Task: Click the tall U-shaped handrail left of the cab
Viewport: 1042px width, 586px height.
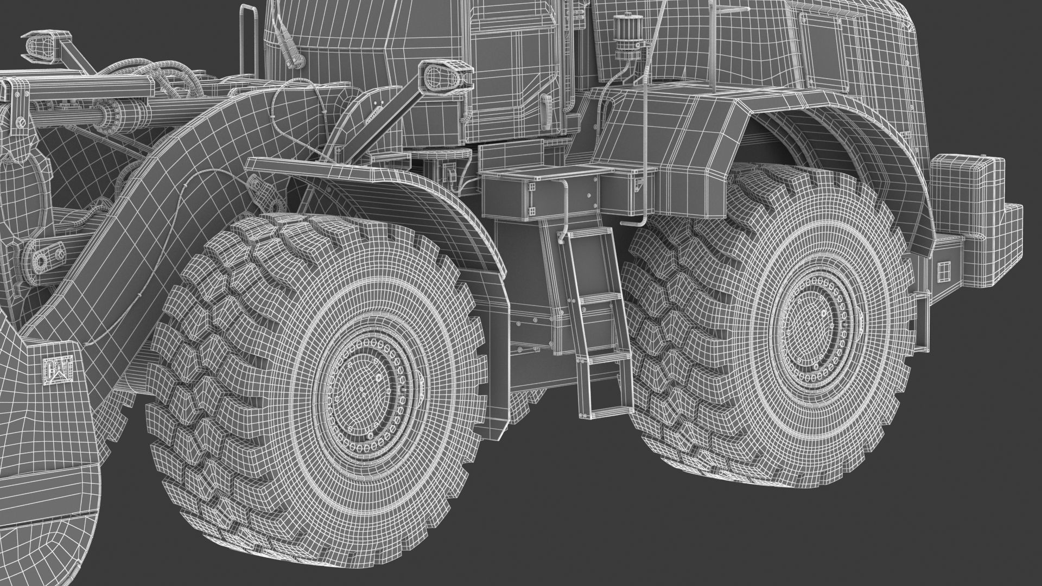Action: (x=248, y=38)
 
